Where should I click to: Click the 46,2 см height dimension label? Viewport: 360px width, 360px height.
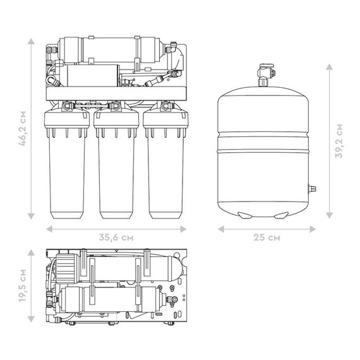coord(23,129)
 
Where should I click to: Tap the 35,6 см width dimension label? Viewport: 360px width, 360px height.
coord(116,237)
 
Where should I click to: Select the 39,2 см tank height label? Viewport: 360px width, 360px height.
coord(339,141)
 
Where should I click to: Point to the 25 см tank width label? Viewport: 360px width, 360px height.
coord(267,237)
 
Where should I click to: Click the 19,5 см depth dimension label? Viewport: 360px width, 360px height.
coord(23,285)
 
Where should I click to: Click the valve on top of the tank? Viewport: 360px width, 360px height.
coord(266,75)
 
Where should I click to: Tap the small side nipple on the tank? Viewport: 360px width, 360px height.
coord(312,189)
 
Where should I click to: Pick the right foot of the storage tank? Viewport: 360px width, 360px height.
coord(281,215)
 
